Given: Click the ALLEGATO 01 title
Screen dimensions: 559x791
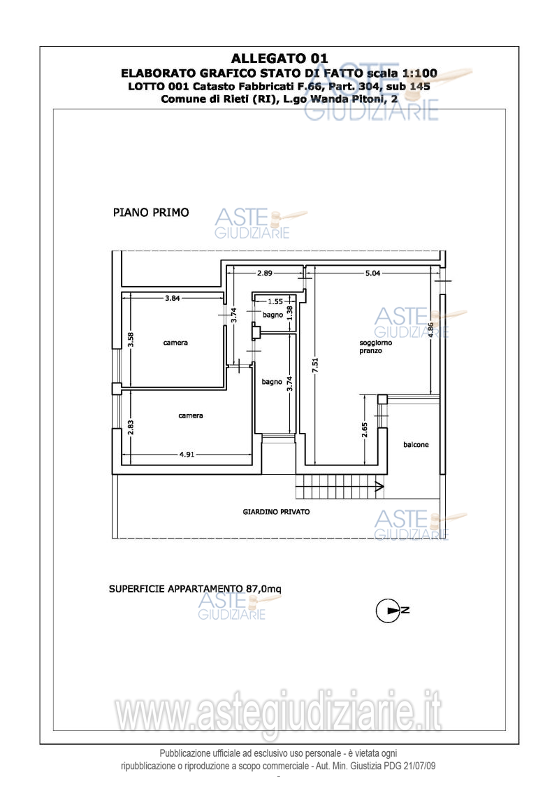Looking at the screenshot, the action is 279,59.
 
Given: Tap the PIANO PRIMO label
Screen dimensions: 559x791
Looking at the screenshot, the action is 151,213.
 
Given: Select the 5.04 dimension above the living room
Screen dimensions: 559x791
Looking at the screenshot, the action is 372,273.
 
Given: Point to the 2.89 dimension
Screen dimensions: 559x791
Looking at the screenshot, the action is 264,273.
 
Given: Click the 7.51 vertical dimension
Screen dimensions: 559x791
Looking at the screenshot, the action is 315,365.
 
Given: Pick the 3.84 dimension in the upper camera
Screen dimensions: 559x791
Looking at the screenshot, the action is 172,298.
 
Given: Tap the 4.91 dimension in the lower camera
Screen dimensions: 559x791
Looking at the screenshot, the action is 187,454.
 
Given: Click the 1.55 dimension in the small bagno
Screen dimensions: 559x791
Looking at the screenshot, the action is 275,301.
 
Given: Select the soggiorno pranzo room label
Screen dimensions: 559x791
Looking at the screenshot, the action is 375,347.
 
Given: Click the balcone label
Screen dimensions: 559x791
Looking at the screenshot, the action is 416,444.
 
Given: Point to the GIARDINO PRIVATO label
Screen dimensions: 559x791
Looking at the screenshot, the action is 276,511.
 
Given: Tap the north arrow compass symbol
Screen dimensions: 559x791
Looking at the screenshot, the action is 392,611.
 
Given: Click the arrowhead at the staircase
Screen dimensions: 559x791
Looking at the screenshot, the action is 379,487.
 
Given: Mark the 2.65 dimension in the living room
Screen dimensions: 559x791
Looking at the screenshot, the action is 365,430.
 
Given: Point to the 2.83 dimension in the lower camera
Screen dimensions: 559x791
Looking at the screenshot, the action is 131,428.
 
